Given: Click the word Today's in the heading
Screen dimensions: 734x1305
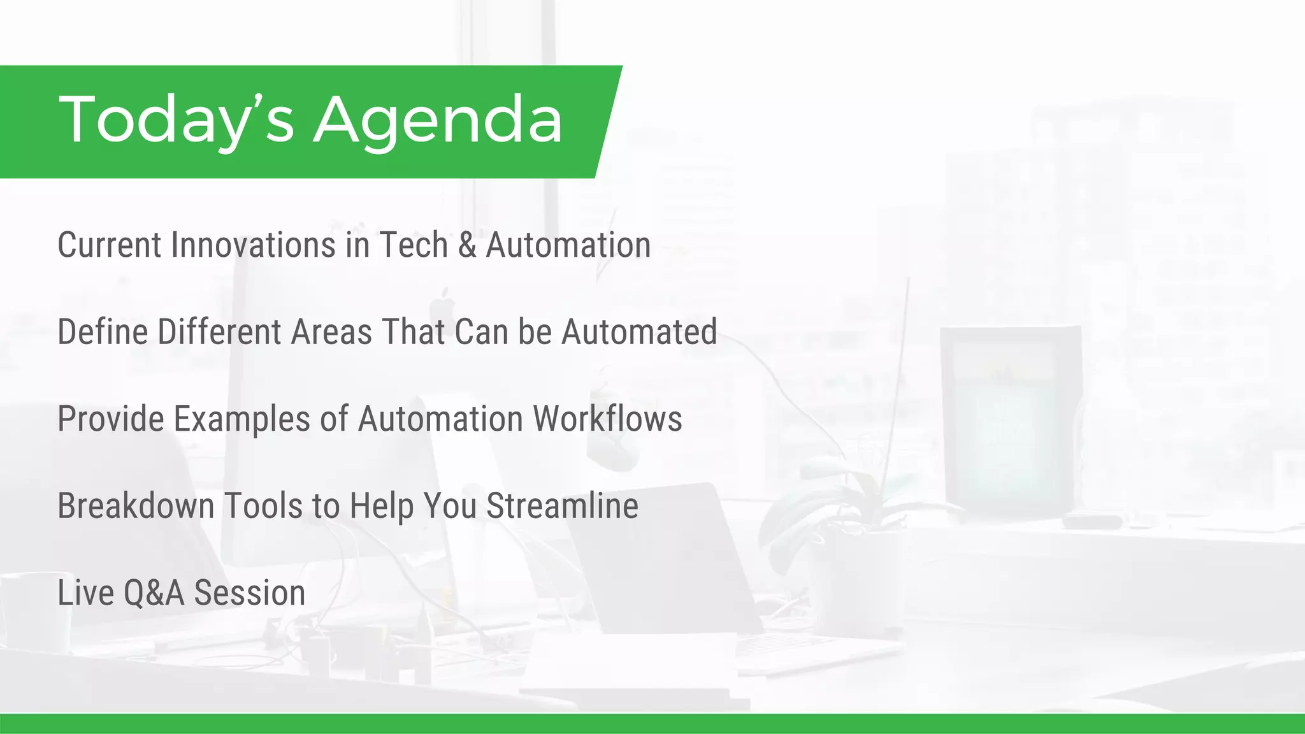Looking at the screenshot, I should tap(176, 120).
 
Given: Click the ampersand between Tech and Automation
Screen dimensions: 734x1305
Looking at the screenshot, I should tap(467, 245).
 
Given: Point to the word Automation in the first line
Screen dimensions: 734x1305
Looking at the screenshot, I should tap(568, 245).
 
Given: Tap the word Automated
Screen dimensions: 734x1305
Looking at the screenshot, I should tap(639, 332).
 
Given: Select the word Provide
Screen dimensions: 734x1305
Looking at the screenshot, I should tap(111, 419).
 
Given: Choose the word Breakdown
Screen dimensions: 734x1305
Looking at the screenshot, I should tap(136, 506).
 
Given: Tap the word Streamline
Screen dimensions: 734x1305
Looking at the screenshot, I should tap(562, 506).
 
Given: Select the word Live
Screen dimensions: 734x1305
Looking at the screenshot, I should tap(85, 593).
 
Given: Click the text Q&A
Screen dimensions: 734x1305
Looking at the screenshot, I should tap(154, 593).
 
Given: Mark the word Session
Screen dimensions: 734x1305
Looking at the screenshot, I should tap(250, 593).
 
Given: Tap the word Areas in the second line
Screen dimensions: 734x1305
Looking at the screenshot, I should tap(331, 332).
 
